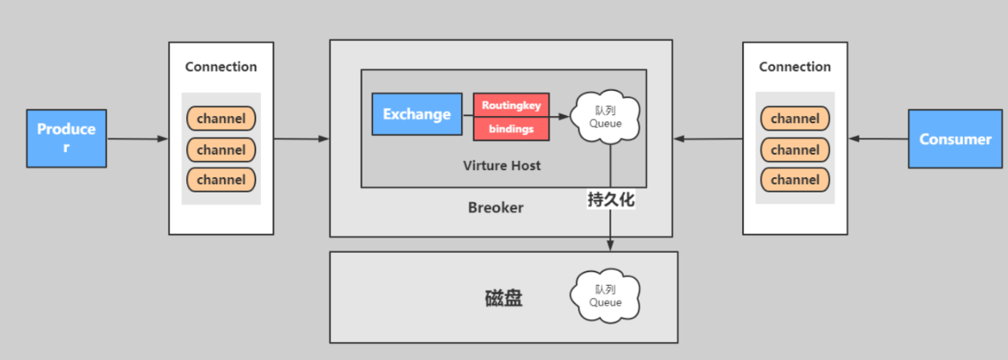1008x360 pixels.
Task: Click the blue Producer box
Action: [66, 139]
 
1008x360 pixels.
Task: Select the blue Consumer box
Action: [955, 139]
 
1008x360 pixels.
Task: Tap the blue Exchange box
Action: [417, 114]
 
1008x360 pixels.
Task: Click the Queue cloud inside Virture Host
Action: [606, 118]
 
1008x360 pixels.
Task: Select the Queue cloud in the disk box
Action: [606, 296]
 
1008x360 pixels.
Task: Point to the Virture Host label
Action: [501, 166]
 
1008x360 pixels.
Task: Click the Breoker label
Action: [496, 208]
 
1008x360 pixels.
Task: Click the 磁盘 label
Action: [504, 299]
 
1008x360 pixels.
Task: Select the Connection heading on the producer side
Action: [221, 67]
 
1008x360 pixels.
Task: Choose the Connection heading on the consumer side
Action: [794, 67]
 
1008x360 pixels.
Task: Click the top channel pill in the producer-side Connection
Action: [221, 119]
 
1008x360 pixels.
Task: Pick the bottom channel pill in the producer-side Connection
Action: [221, 180]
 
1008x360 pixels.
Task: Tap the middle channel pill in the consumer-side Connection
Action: [794, 150]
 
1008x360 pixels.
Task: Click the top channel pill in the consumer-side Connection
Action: [794, 119]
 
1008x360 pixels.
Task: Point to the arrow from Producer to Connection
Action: [137, 139]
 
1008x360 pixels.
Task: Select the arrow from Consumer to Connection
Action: [878, 139]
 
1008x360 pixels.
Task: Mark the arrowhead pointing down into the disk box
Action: [611, 245]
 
